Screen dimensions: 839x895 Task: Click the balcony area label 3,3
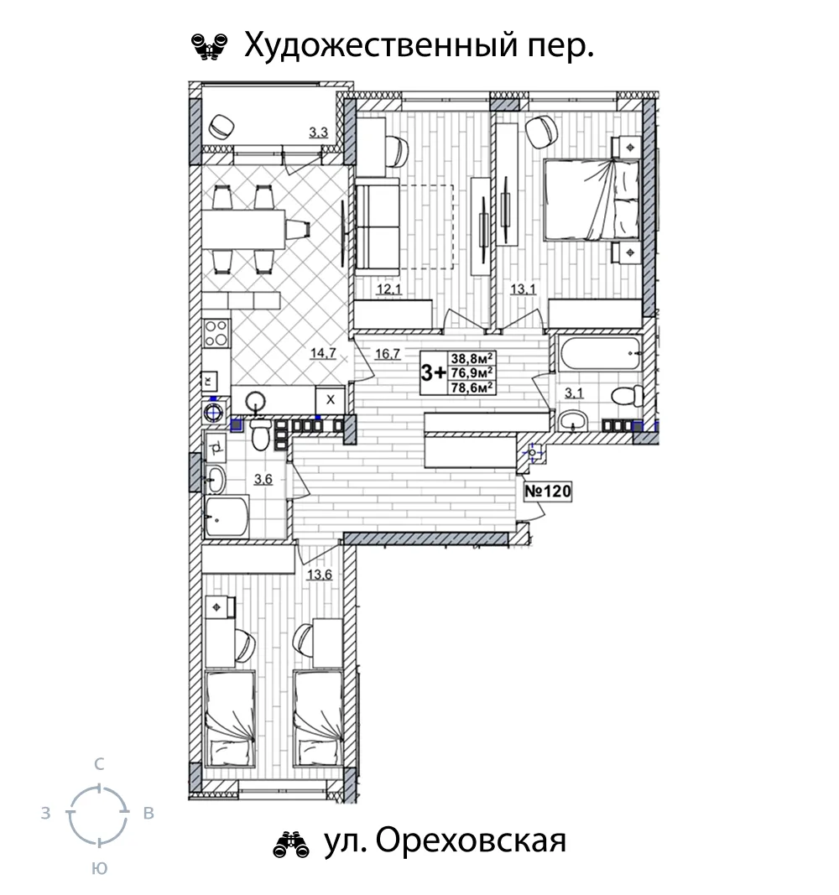pyautogui.click(x=319, y=133)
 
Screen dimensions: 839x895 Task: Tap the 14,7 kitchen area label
pyautogui.click(x=322, y=353)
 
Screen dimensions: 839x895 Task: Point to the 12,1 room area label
pyautogui.click(x=389, y=289)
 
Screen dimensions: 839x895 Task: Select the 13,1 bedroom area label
pyautogui.click(x=523, y=289)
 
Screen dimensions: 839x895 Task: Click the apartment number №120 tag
pyautogui.click(x=548, y=491)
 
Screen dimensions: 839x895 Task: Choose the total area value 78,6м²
pyautogui.click(x=472, y=388)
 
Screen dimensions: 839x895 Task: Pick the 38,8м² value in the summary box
pyautogui.click(x=472, y=358)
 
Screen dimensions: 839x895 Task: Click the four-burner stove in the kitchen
pyautogui.click(x=216, y=333)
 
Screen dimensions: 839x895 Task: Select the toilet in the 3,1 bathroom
pyautogui.click(x=627, y=396)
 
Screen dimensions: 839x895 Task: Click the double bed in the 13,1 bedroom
pyautogui.click(x=591, y=199)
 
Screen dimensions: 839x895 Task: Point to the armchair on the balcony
pyautogui.click(x=222, y=126)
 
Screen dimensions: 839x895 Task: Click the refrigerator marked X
pyautogui.click(x=331, y=399)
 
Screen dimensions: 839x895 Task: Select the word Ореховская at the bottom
pyautogui.click(x=472, y=840)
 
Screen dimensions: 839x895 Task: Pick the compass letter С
pyautogui.click(x=99, y=764)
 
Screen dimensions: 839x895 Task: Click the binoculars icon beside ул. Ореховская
pyautogui.click(x=291, y=844)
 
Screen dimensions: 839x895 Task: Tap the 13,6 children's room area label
pyautogui.click(x=319, y=575)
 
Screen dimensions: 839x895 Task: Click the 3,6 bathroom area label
pyautogui.click(x=263, y=479)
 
